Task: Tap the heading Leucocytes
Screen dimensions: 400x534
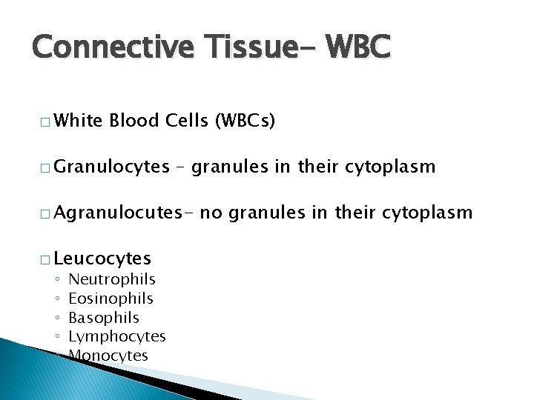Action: pyautogui.click(x=102, y=259)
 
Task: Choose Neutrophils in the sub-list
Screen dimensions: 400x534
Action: pyautogui.click(x=112, y=279)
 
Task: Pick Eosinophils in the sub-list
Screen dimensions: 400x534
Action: pyautogui.click(x=111, y=299)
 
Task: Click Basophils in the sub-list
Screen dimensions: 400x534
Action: pyautogui.click(x=103, y=318)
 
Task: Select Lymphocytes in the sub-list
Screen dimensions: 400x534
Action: pyautogui.click(x=116, y=336)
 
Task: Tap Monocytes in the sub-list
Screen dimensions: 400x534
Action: pyautogui.click(x=108, y=356)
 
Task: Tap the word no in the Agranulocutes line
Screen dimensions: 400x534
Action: pyautogui.click(x=211, y=213)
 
